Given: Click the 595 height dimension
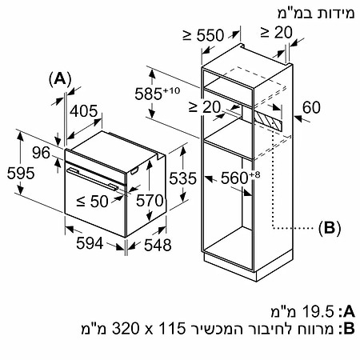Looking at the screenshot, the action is [21, 173].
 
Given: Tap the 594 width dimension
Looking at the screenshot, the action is [90, 243].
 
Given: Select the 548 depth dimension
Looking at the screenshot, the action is [158, 245].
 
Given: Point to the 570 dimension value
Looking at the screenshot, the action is [150, 201].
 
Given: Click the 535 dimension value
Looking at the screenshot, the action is [182, 178].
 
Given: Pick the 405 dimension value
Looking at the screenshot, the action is [84, 111].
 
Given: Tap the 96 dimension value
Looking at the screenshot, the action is [41, 153].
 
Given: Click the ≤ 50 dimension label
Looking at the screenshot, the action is [92, 202].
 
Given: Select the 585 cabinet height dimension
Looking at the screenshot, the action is [158, 94].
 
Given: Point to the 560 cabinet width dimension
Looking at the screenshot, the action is [240, 178].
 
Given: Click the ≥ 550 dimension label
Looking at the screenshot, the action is [203, 35].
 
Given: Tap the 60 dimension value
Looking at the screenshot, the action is [311, 107].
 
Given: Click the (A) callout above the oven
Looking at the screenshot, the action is [60, 79].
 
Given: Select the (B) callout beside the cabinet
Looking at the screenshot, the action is [330, 228].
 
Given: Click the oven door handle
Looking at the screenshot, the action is [92, 179].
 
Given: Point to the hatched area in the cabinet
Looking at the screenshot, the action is [268, 121].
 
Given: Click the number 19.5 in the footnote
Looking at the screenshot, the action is [318, 311].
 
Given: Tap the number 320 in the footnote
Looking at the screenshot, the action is [126, 329].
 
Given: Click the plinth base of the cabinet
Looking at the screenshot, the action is [248, 266].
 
